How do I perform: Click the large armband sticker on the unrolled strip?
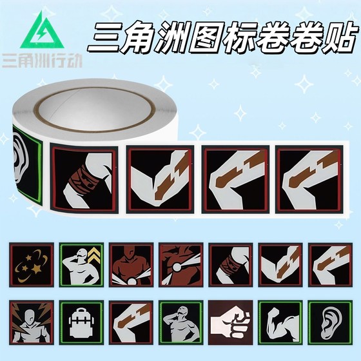click(84, 179)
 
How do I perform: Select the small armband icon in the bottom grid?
click(231, 264)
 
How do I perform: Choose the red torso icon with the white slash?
click(181, 264)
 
